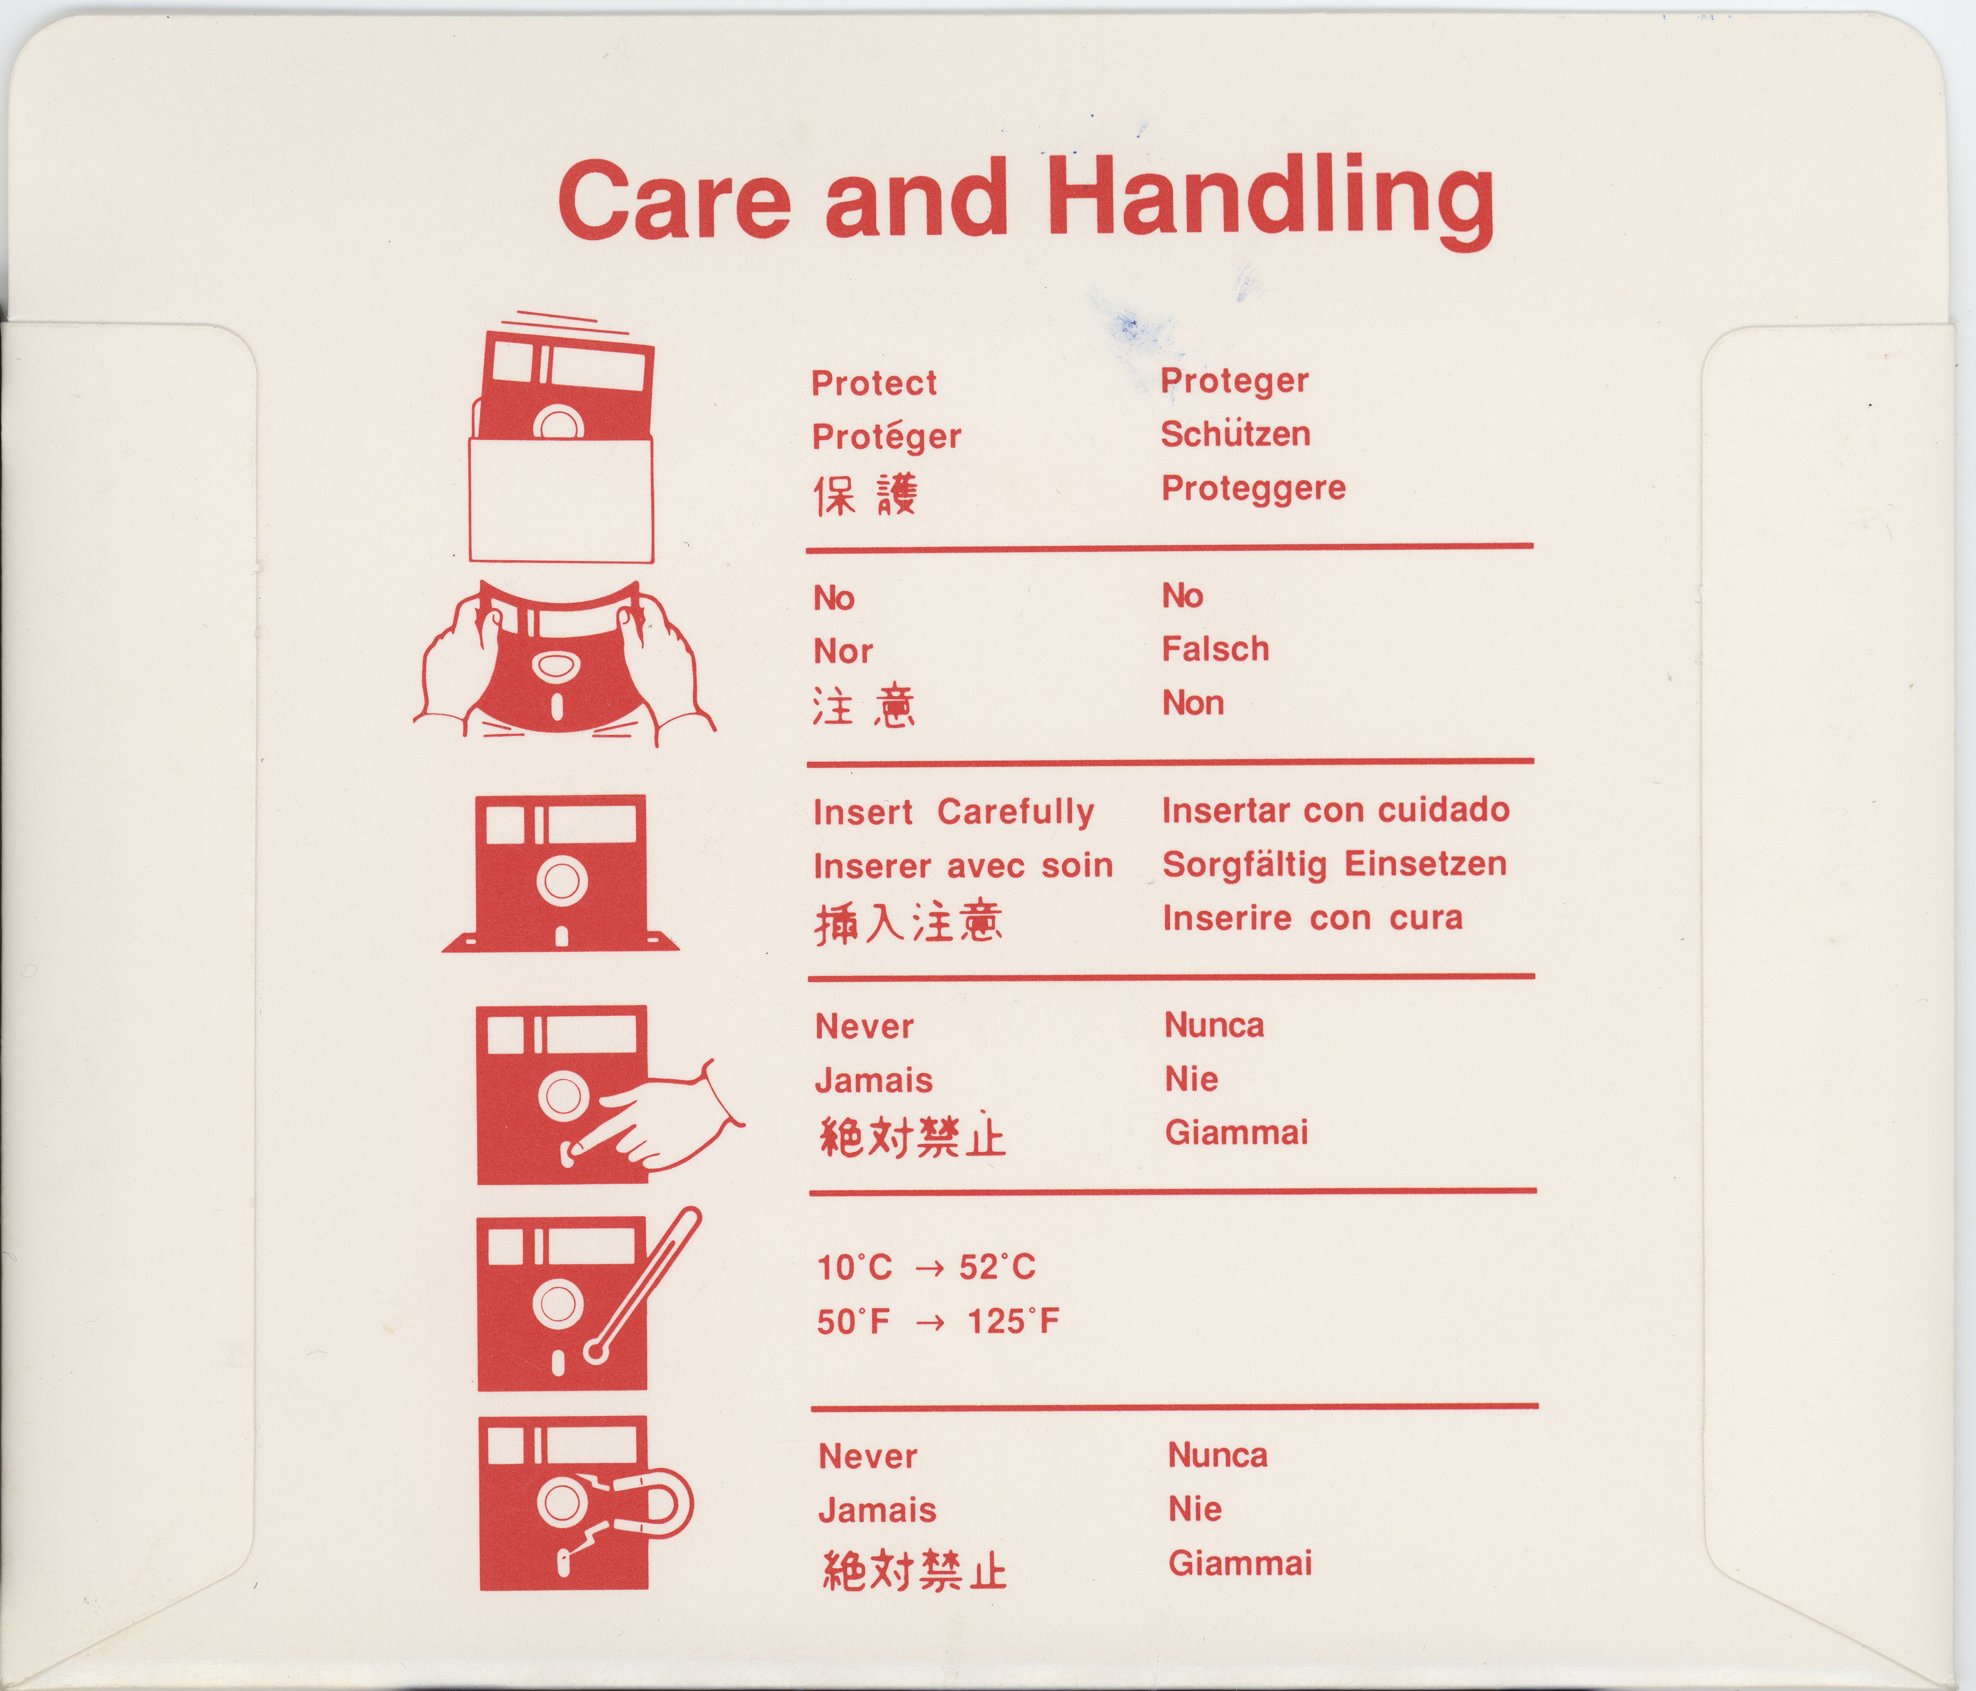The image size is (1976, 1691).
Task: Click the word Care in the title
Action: [674, 202]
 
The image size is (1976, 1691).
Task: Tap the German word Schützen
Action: [1235, 434]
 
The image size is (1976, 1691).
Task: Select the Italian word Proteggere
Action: [1253, 488]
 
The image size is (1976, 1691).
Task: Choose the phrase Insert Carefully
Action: [954, 812]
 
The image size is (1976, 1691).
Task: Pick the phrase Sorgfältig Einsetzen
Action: [1334, 864]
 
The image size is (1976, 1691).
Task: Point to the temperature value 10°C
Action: [855, 1267]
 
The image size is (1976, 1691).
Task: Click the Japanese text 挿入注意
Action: [908, 922]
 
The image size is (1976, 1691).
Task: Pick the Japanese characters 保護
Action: [865, 495]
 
